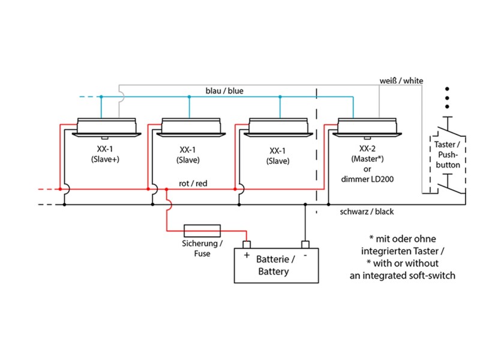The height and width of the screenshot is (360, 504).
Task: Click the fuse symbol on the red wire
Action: point(202,230)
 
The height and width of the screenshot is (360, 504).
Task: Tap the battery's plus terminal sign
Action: point(246,255)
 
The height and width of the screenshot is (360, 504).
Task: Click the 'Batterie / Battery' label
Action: point(275,265)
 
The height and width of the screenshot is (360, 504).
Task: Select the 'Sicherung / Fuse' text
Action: point(202,249)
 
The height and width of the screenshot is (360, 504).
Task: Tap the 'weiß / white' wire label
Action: point(401,80)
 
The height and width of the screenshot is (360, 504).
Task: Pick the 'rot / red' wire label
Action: point(193,183)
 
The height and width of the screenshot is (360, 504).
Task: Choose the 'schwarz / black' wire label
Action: point(367,212)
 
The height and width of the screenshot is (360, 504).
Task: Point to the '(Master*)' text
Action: point(367,159)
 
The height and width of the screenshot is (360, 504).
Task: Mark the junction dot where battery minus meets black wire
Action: point(305,205)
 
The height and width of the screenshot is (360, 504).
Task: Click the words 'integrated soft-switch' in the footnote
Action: point(402,275)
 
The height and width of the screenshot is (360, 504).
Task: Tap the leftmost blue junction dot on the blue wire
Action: point(101,97)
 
